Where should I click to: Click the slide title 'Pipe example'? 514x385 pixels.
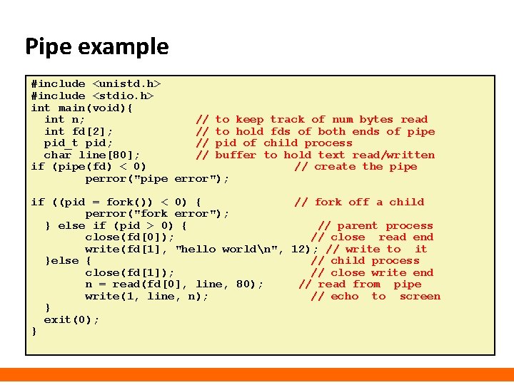click(x=97, y=47)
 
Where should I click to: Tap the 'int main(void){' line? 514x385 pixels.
click(x=82, y=108)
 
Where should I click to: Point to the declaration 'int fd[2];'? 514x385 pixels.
click(x=79, y=131)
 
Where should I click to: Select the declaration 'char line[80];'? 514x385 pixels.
click(x=92, y=155)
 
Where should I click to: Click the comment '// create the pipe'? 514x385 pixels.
click(x=356, y=167)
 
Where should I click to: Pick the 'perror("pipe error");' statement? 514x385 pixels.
click(x=157, y=178)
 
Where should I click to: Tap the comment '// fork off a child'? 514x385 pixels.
click(x=359, y=202)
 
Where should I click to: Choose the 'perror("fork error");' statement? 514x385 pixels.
click(x=157, y=213)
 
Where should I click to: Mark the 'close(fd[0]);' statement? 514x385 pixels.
click(x=129, y=237)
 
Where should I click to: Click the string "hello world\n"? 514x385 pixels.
click(x=230, y=249)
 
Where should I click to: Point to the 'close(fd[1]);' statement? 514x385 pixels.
click(x=129, y=272)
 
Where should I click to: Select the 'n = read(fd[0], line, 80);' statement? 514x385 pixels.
click(x=173, y=284)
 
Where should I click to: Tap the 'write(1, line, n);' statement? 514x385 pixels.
click(x=146, y=296)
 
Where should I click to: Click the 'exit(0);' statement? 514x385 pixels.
click(x=71, y=319)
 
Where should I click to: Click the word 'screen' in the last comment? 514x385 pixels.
click(x=420, y=296)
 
